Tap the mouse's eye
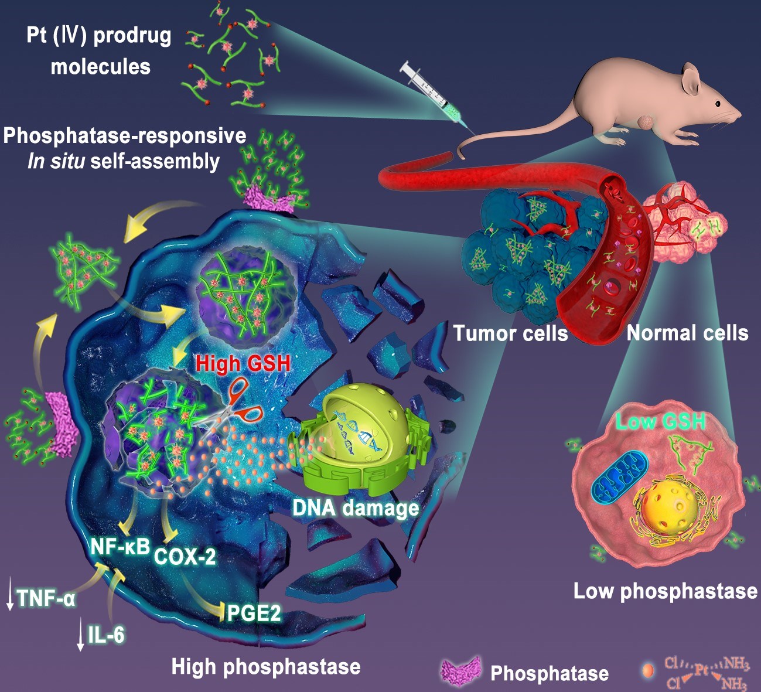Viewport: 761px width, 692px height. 717,104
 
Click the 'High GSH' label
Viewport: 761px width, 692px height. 243,363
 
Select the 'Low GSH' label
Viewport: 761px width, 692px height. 660,421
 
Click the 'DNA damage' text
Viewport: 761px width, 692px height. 356,508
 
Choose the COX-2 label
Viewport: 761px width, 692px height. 185,555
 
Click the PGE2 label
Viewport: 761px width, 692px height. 254,613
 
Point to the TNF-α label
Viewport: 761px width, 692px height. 46,599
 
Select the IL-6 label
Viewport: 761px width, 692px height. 106,634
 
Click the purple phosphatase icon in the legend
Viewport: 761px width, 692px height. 461,671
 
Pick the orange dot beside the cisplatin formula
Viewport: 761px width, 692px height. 647,671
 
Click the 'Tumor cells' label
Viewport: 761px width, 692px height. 510,333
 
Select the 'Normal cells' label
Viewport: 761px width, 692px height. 687,333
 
